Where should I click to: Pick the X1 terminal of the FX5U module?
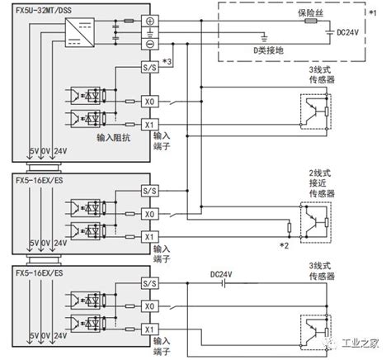tap(148, 125)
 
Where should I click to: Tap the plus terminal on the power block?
tap(148, 22)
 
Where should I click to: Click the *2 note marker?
tap(285, 245)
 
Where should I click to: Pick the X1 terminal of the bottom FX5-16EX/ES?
tap(148, 328)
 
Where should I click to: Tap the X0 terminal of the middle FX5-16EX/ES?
tap(148, 213)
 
